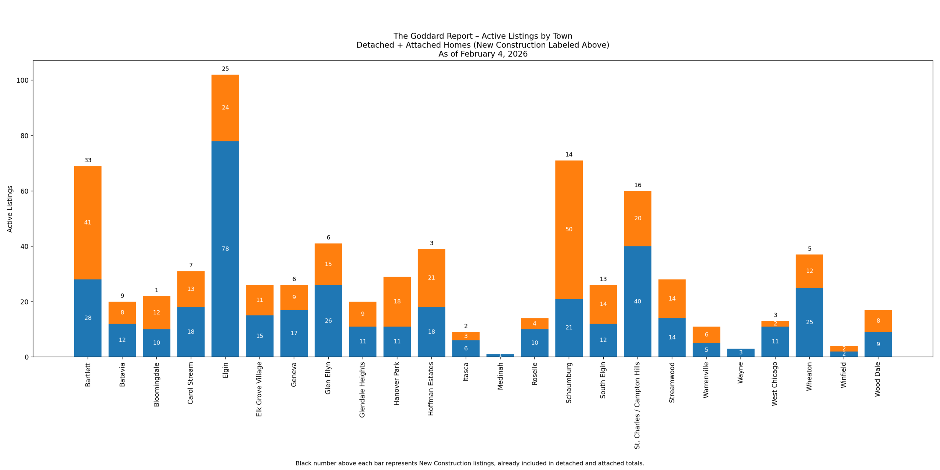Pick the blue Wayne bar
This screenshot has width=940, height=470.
click(x=741, y=353)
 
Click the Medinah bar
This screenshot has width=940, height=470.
click(x=500, y=355)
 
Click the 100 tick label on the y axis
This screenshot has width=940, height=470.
click(x=22, y=80)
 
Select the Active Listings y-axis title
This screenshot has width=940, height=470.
click(x=10, y=209)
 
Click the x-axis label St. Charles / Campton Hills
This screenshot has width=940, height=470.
click(x=637, y=405)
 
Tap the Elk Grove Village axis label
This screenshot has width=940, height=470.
click(x=259, y=389)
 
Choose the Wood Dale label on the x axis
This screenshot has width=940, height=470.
click(x=878, y=379)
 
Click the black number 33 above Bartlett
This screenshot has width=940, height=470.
click(x=88, y=160)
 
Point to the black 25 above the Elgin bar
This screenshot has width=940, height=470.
click(x=225, y=69)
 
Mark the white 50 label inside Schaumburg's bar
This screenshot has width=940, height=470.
click(x=569, y=229)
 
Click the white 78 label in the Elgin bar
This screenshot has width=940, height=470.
click(x=225, y=249)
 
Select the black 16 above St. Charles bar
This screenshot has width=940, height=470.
click(x=638, y=185)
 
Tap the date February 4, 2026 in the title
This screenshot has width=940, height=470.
click(x=494, y=54)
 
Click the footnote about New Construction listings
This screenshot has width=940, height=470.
click(x=470, y=463)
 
